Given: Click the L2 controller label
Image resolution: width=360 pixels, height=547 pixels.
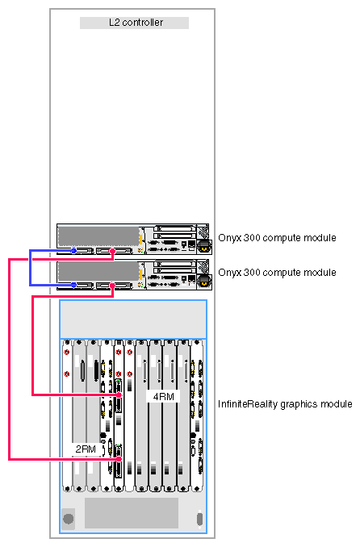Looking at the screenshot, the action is coord(136,23).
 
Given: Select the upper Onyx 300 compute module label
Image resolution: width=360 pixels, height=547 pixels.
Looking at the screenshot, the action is coord(277,238).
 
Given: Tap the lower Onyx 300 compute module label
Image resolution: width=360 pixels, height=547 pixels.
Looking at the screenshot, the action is coord(277,273).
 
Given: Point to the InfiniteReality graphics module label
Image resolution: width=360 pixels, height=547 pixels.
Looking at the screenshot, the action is coord(285,404).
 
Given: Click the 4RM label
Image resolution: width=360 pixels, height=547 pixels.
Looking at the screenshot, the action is coord(163,397).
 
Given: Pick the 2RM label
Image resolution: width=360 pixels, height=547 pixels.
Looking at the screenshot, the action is coord(86,449).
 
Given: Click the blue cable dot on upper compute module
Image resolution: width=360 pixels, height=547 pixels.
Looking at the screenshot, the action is coord(73,250).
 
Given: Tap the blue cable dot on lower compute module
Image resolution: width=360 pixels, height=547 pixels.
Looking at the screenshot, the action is coord(73,285).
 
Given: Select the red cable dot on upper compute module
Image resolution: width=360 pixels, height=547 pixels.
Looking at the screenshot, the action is coord(112,251).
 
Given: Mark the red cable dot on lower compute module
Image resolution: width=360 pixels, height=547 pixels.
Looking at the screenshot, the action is coord(112,286).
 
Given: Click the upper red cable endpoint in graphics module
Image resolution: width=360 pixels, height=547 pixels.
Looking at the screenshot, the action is coord(119,395).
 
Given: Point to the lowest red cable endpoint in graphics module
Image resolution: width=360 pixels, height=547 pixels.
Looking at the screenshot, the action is coord(119,459).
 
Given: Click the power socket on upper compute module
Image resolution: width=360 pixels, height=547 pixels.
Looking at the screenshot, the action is coord(204,247).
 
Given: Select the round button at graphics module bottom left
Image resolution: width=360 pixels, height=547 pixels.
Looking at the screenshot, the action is coord(68,519).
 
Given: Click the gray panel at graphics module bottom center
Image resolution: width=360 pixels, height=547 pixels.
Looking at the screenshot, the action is coord(132,513).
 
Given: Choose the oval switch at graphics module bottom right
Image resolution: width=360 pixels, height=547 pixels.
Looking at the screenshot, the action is coord(199,519).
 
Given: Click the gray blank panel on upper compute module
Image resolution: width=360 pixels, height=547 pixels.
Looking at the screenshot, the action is coord(98,236).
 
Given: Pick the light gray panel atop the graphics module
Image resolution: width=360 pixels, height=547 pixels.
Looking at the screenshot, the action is coord(133,319).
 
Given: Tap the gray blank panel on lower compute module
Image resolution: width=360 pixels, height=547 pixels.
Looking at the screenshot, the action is coord(98,271).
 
